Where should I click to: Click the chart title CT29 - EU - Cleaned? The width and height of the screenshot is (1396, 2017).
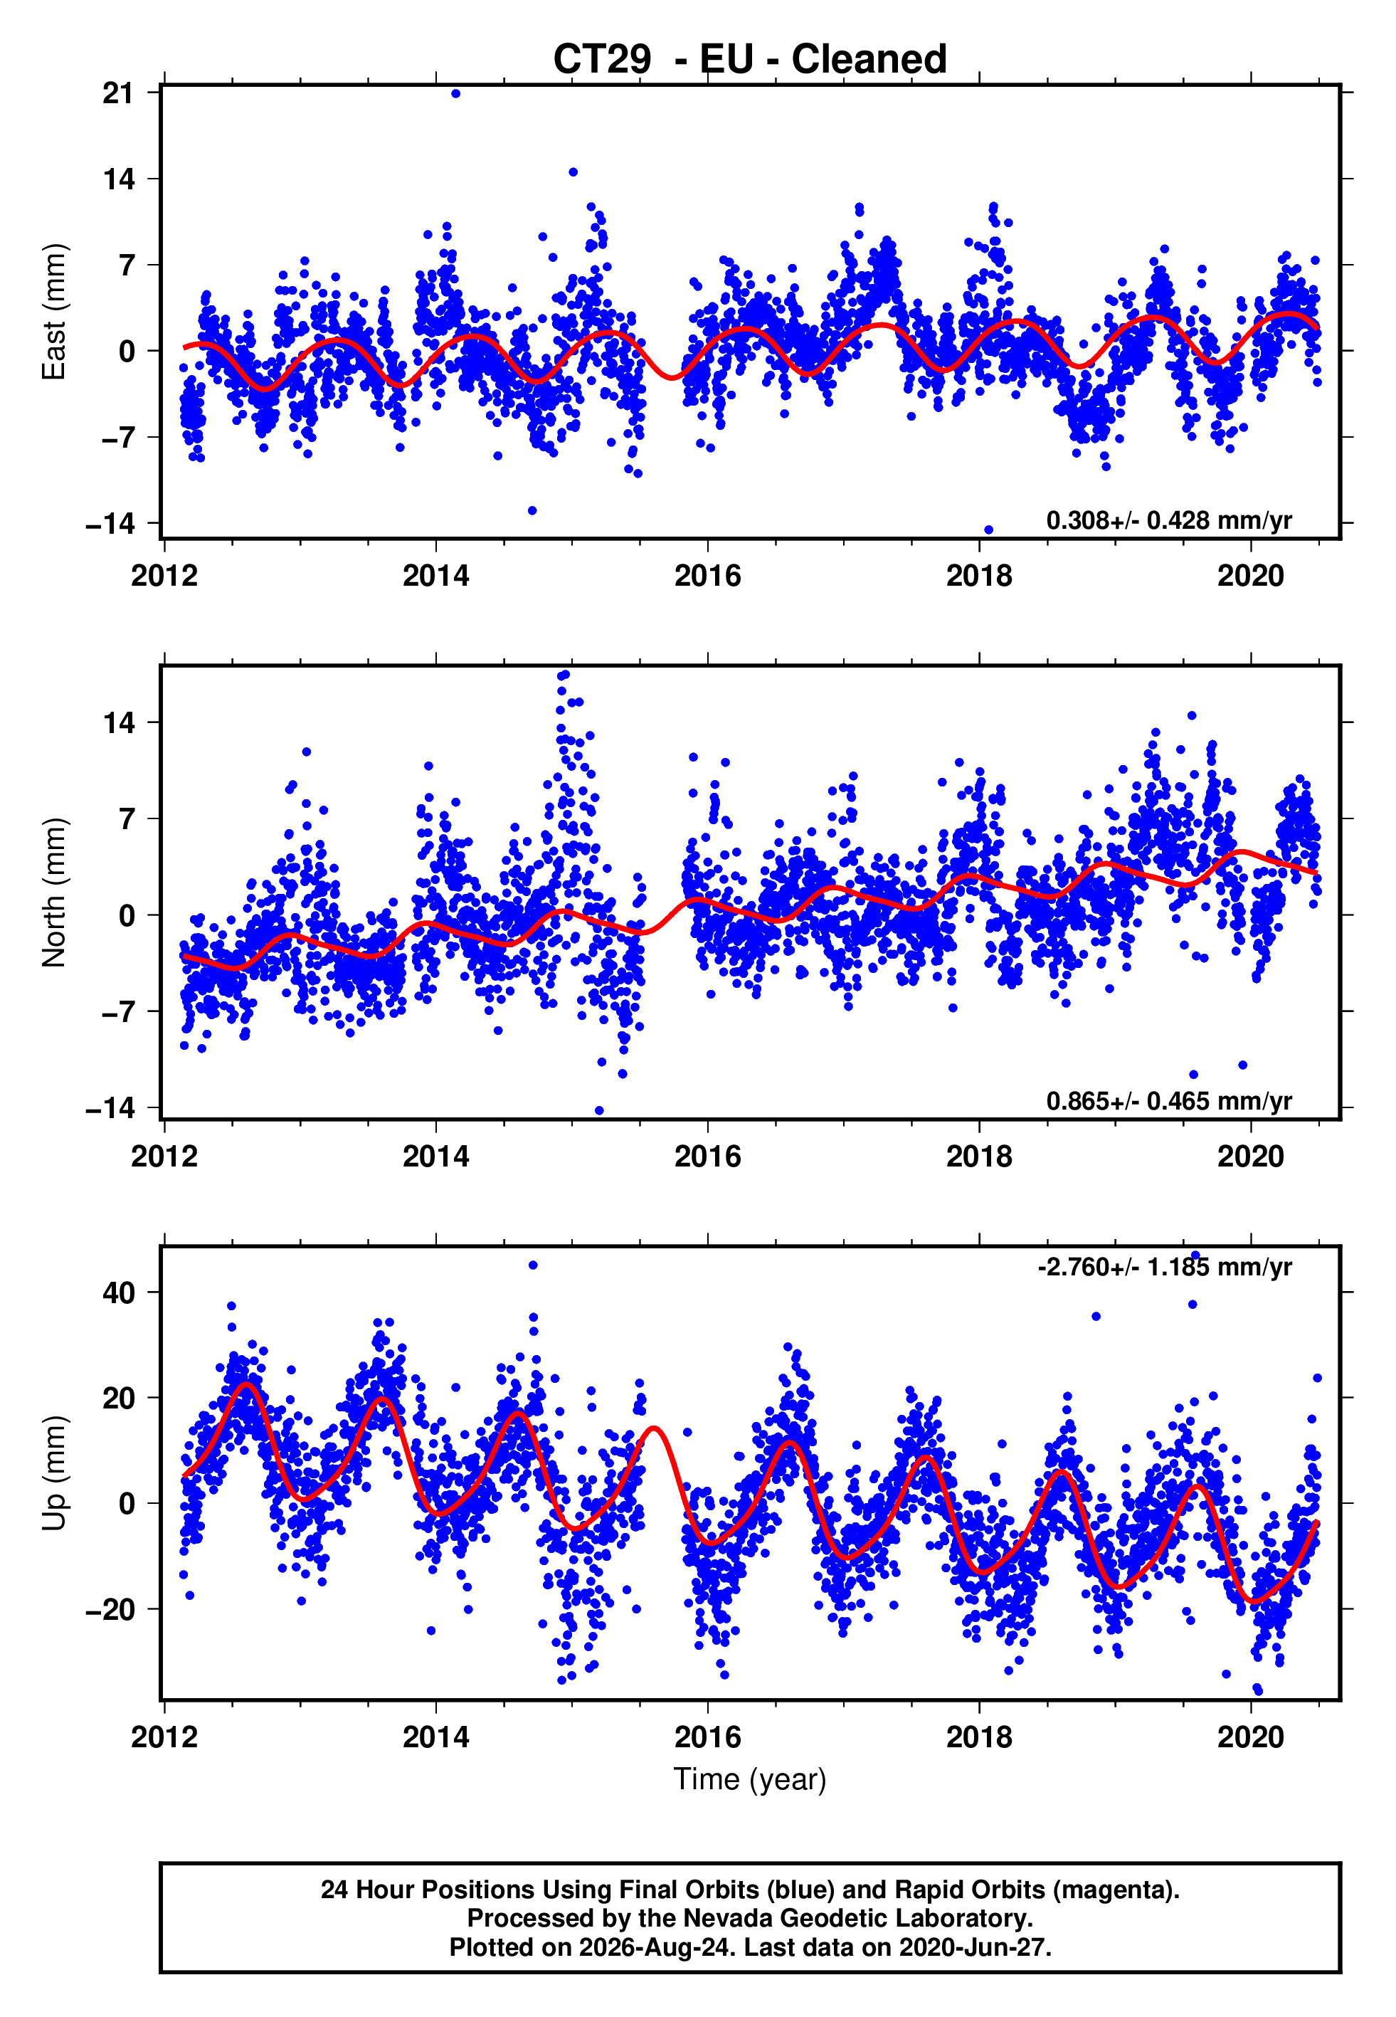(x=750, y=60)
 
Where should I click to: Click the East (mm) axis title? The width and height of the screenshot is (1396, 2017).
(x=54, y=312)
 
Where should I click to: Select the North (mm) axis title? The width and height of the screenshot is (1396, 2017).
(x=54, y=892)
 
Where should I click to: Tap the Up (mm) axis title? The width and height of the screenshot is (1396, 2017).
(x=54, y=1473)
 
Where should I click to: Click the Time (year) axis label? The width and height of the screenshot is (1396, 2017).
(x=750, y=1780)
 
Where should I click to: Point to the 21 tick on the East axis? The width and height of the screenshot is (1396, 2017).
(x=119, y=93)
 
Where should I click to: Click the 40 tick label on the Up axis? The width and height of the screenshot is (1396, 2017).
(x=119, y=1292)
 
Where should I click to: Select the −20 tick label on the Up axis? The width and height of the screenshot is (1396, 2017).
(x=111, y=1608)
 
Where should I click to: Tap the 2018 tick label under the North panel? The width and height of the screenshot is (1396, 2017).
(x=979, y=1157)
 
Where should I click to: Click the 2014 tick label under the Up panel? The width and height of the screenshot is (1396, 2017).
(x=435, y=1737)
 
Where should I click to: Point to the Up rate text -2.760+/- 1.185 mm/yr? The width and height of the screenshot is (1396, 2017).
(x=1164, y=1267)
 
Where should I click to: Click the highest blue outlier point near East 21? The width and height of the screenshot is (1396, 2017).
(x=455, y=93)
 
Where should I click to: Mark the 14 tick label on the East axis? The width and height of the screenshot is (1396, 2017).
(x=119, y=179)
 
